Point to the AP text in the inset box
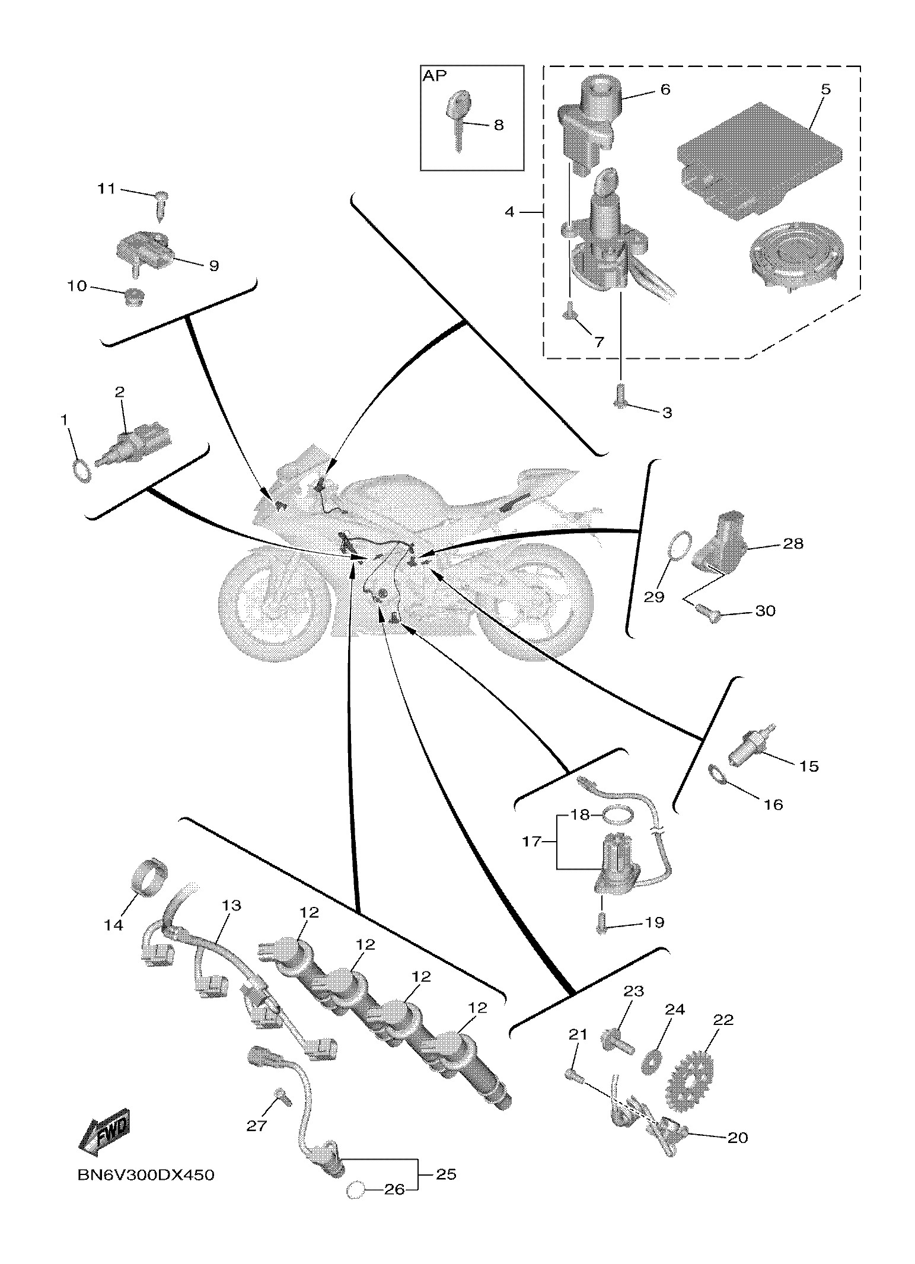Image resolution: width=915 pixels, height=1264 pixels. tap(435, 77)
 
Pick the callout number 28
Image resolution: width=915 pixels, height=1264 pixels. tap(793, 543)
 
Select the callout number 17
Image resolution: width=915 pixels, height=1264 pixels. tap(531, 841)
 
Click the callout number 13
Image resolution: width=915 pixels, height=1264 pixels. tap(232, 905)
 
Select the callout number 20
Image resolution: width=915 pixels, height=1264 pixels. tap(738, 1137)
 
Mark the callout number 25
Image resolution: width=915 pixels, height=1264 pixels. tap(446, 1174)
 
